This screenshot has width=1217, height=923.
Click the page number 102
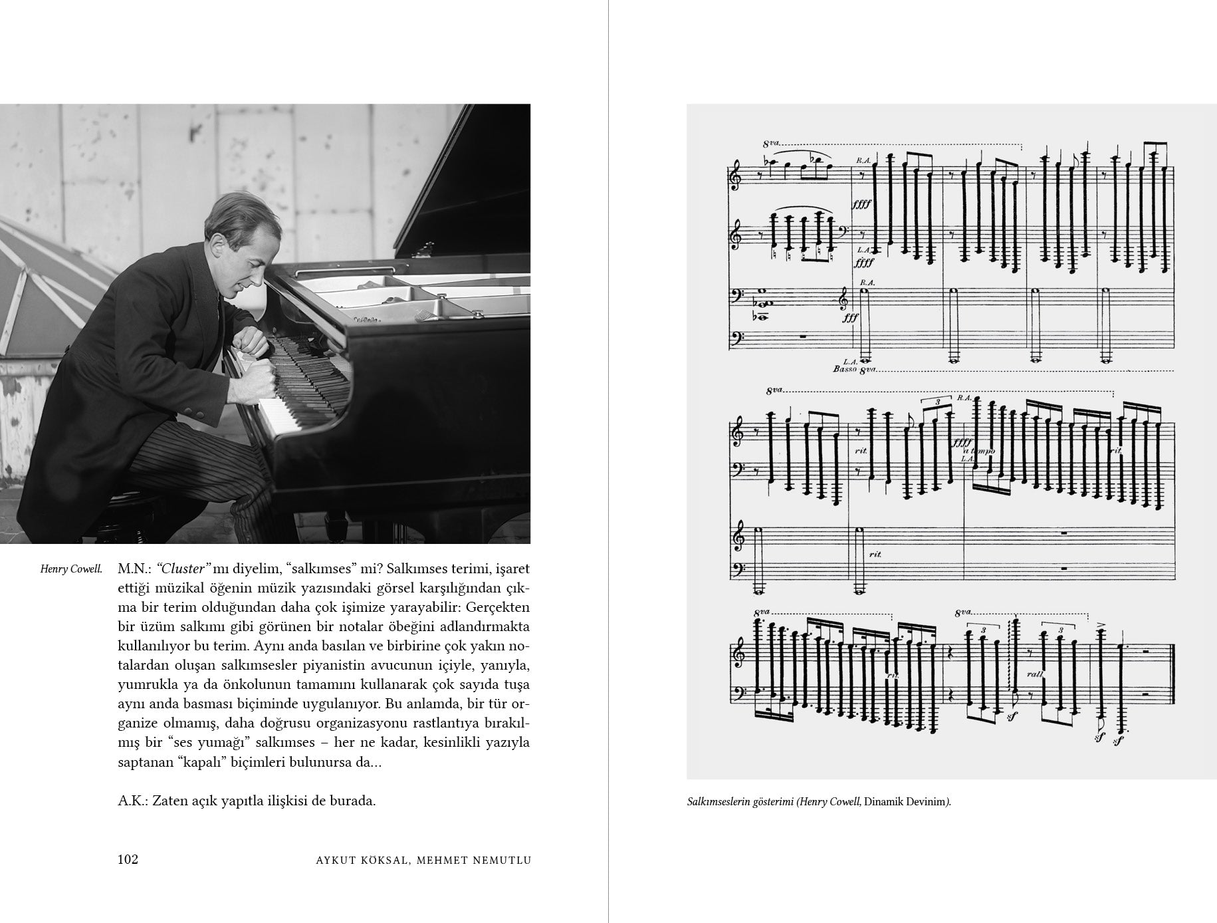(128, 859)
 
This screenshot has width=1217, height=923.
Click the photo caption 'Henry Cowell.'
(71, 569)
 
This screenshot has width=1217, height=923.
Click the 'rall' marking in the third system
(1052, 673)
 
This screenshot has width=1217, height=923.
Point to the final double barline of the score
(1172, 674)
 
